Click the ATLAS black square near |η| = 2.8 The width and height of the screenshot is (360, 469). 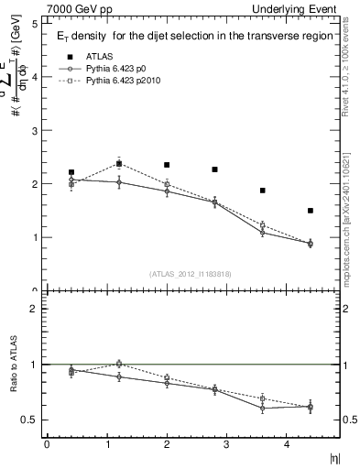214,169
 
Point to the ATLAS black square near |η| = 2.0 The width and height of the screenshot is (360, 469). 167,165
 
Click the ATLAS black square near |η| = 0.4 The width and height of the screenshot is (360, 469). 71,172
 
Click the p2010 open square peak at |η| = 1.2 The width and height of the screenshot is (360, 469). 119,164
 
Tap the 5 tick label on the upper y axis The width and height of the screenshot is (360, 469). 34,24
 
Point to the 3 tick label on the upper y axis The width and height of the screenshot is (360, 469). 34,131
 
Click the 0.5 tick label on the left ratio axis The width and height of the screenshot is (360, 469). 30,420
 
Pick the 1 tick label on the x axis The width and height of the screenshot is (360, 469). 106,445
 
